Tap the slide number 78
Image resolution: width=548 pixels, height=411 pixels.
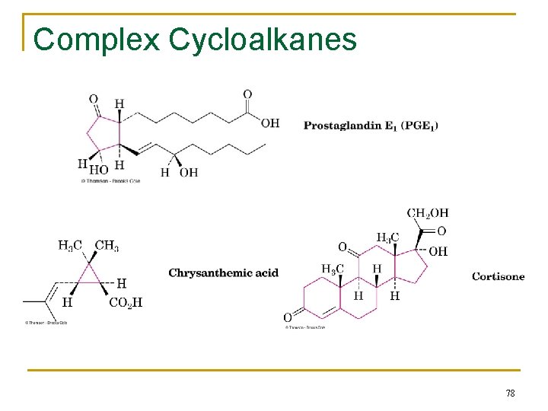(510, 393)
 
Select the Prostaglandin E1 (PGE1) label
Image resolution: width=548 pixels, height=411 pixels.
(371, 125)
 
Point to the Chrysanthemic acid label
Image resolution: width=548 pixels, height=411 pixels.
(223, 272)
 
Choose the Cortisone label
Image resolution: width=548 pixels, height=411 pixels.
(498, 276)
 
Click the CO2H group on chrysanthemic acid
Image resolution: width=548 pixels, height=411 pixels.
(126, 303)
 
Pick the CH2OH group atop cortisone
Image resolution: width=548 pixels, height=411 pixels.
(428, 213)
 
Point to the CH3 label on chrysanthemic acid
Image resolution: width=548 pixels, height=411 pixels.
(107, 246)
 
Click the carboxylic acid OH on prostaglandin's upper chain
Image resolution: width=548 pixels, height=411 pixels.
(269, 123)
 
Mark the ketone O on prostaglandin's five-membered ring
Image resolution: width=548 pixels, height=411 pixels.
(93, 99)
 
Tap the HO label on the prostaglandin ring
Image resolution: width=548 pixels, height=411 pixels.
(99, 170)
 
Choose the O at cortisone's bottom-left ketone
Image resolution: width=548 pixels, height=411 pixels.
(287, 317)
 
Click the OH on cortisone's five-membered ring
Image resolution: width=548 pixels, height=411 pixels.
(438, 251)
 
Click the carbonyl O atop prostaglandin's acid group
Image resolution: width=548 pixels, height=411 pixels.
(247, 94)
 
